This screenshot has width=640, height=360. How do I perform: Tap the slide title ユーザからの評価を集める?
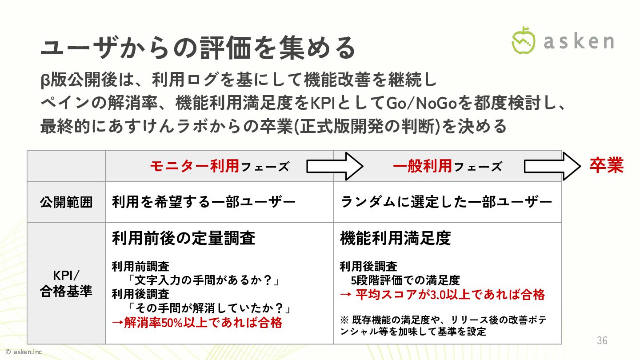click(198, 48)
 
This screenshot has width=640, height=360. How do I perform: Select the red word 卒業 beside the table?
click(606, 165)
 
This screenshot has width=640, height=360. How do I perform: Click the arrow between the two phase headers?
click(335, 166)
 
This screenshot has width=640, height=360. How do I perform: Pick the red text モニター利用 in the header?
click(195, 166)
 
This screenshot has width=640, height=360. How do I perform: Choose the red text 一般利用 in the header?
click(422, 166)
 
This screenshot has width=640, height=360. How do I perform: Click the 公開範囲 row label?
click(66, 203)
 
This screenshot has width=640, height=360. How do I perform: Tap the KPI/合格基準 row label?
click(66, 283)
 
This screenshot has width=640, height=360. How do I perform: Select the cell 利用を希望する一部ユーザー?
click(204, 203)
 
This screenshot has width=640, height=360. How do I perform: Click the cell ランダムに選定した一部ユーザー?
click(446, 203)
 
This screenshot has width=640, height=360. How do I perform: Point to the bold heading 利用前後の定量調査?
click(184, 238)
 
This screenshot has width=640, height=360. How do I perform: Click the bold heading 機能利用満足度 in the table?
click(395, 238)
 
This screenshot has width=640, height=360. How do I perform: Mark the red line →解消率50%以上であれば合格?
click(197, 322)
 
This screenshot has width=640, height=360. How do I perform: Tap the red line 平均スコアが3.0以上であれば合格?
click(442, 294)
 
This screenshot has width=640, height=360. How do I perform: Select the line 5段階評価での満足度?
click(405, 280)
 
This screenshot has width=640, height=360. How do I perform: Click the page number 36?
click(602, 341)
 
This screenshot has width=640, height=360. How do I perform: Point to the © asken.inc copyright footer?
click(24, 352)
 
